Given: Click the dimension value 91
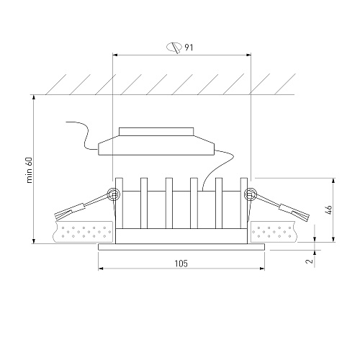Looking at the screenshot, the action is (x=189, y=48).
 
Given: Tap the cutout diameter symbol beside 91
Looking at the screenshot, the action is (x=174, y=48).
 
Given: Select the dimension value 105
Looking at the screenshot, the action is (x=181, y=264).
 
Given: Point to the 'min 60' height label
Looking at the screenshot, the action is (x=29, y=170).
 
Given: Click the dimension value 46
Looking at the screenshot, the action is (x=329, y=210).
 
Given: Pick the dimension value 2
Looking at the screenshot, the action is (x=310, y=261).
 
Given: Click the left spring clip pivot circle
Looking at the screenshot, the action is (x=113, y=194).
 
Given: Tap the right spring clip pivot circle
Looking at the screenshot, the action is (x=251, y=194).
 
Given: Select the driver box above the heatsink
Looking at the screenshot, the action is (x=156, y=145).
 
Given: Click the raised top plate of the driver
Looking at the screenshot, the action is (x=156, y=132).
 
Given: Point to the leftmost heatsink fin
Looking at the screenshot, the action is (x=119, y=203).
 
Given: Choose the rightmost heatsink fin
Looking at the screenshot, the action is (x=244, y=203).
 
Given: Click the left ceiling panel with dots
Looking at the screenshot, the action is (x=83, y=231).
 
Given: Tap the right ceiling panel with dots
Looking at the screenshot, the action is (x=274, y=231).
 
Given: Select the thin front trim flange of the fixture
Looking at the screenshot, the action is (x=181, y=247).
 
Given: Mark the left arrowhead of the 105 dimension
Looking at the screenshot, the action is (x=101, y=269).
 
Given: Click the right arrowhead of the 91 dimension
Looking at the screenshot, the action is (x=248, y=55).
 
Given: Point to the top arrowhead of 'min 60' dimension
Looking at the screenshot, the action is (x=34, y=97).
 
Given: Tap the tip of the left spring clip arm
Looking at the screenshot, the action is (x=56, y=216).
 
